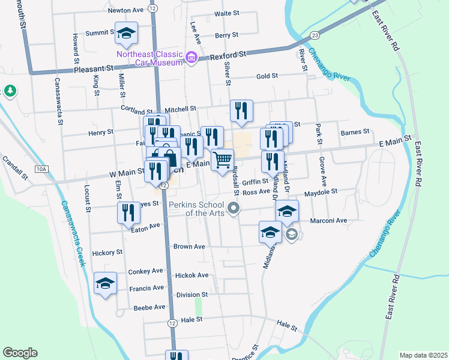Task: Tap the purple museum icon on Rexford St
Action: [191, 58]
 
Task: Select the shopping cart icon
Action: [222, 159]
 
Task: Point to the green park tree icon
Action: [10, 91]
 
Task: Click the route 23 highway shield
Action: [315, 36]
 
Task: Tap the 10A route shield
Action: [41, 170]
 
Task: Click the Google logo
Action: [20, 353]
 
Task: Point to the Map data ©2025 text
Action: [423, 355]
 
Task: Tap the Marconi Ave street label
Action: [329, 221]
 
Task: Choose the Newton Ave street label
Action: [126, 10]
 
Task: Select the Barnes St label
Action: [354, 132]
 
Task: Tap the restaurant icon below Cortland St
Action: [241, 110]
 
